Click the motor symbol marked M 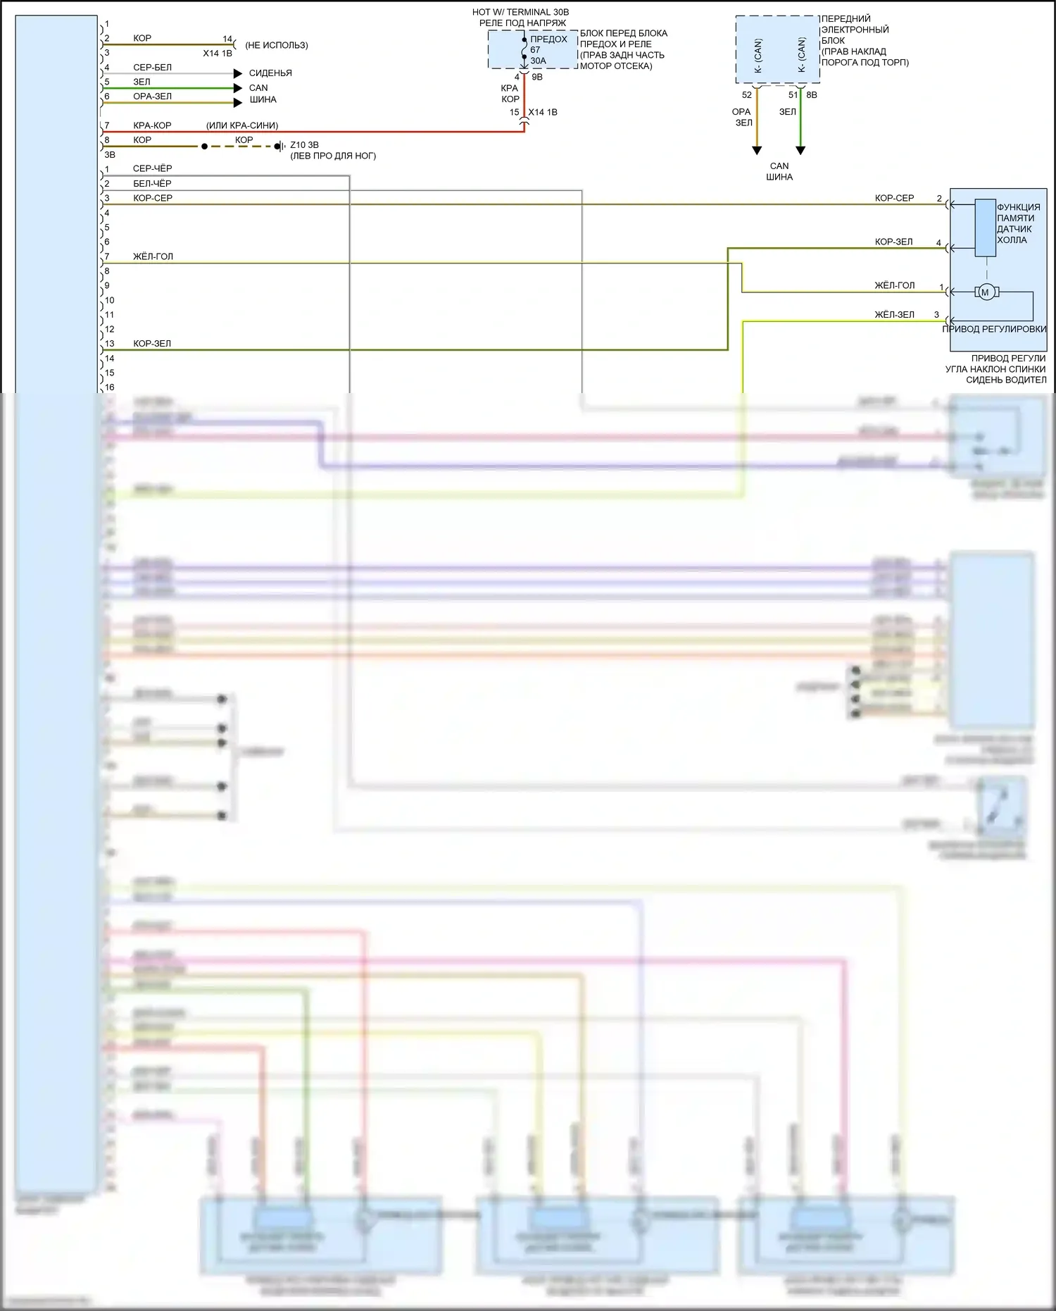(x=986, y=292)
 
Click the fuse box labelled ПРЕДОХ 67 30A (x=533, y=50)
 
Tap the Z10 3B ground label (x=304, y=145)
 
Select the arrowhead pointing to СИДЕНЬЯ (x=238, y=73)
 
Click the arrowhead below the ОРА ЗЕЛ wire (x=757, y=150)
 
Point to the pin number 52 (x=747, y=95)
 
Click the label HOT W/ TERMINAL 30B (x=520, y=12)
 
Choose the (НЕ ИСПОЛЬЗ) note (x=277, y=45)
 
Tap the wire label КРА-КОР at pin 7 (x=152, y=125)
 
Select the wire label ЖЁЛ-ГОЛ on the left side (x=153, y=256)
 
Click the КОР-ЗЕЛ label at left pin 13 (x=152, y=344)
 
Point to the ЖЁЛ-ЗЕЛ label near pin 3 (x=894, y=315)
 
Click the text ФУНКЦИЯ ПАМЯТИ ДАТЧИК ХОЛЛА (x=1018, y=223)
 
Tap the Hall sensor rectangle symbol (x=984, y=228)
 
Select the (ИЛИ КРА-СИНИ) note (x=242, y=125)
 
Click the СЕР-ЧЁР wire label (x=152, y=169)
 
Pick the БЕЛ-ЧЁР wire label (x=152, y=183)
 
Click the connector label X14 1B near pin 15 (x=543, y=112)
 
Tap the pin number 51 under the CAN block (x=793, y=95)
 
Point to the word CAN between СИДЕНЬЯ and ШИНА (x=258, y=88)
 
